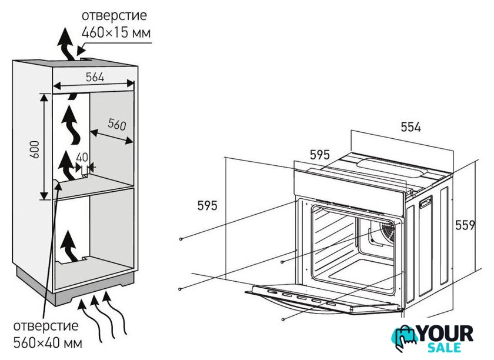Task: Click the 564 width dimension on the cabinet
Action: point(94,77)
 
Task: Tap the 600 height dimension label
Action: point(35,149)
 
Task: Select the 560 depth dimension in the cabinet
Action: point(117,125)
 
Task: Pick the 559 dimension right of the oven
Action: point(464,225)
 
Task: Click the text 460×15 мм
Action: point(116,33)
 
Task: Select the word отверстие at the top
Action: point(115,15)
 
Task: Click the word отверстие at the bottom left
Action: point(46,325)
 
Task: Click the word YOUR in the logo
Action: point(445,334)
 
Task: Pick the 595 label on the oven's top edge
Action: point(319,155)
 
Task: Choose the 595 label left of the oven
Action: point(207,205)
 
